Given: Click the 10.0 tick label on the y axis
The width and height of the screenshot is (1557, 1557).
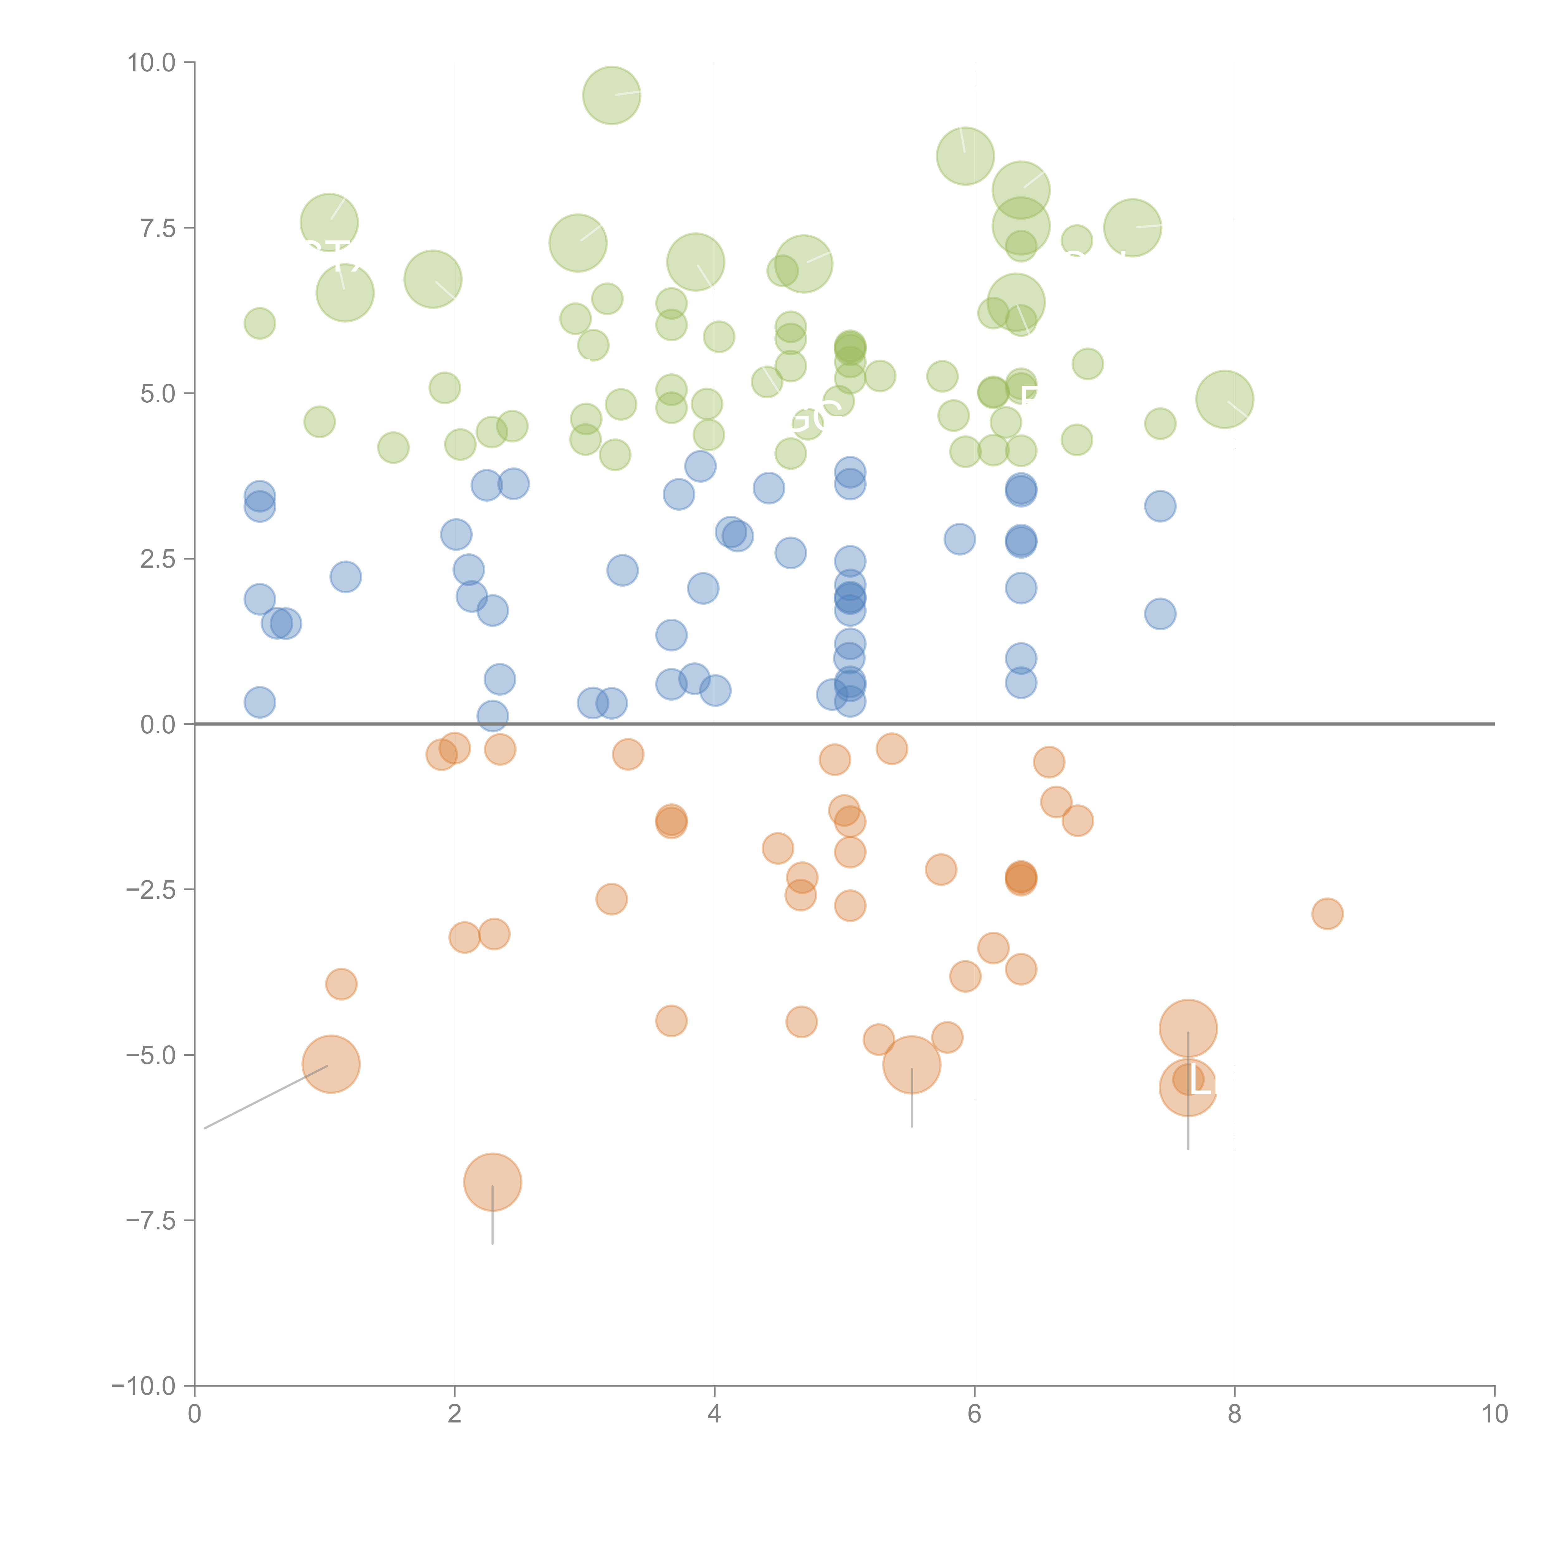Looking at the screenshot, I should click(152, 63).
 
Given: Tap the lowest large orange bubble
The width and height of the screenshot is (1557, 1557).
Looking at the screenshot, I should click(492, 1181).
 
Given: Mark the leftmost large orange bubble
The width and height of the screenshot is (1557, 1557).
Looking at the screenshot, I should click(330, 1064).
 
